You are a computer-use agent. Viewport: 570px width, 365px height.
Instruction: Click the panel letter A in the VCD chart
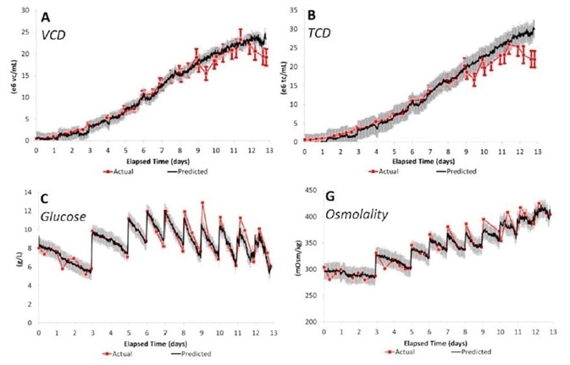click(48, 17)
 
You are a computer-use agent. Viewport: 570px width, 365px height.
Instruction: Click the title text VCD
click(54, 33)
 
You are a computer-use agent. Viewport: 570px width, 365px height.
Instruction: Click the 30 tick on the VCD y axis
click(25, 11)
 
